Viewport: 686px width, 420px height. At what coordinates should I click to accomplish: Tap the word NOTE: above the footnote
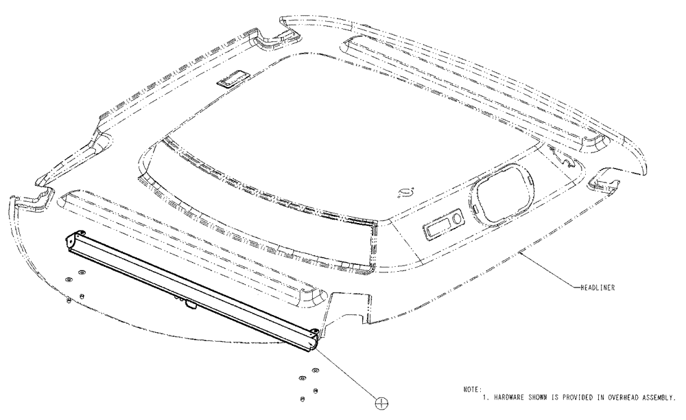[x=473, y=389]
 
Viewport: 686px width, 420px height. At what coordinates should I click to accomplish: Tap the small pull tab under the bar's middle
[x=189, y=305]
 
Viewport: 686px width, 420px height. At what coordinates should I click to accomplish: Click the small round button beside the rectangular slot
[x=457, y=220]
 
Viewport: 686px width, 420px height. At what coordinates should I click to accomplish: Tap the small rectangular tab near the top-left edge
[x=227, y=80]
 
